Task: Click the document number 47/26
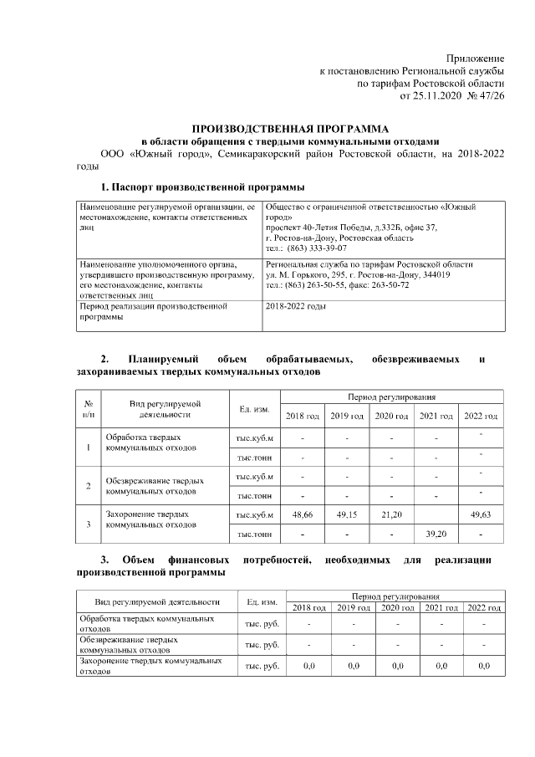pos(490,95)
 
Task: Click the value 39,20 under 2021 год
pos(436,534)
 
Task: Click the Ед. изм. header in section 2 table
pos(254,408)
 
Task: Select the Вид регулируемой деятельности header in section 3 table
pos(157,601)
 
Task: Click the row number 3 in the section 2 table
pos(89,524)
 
